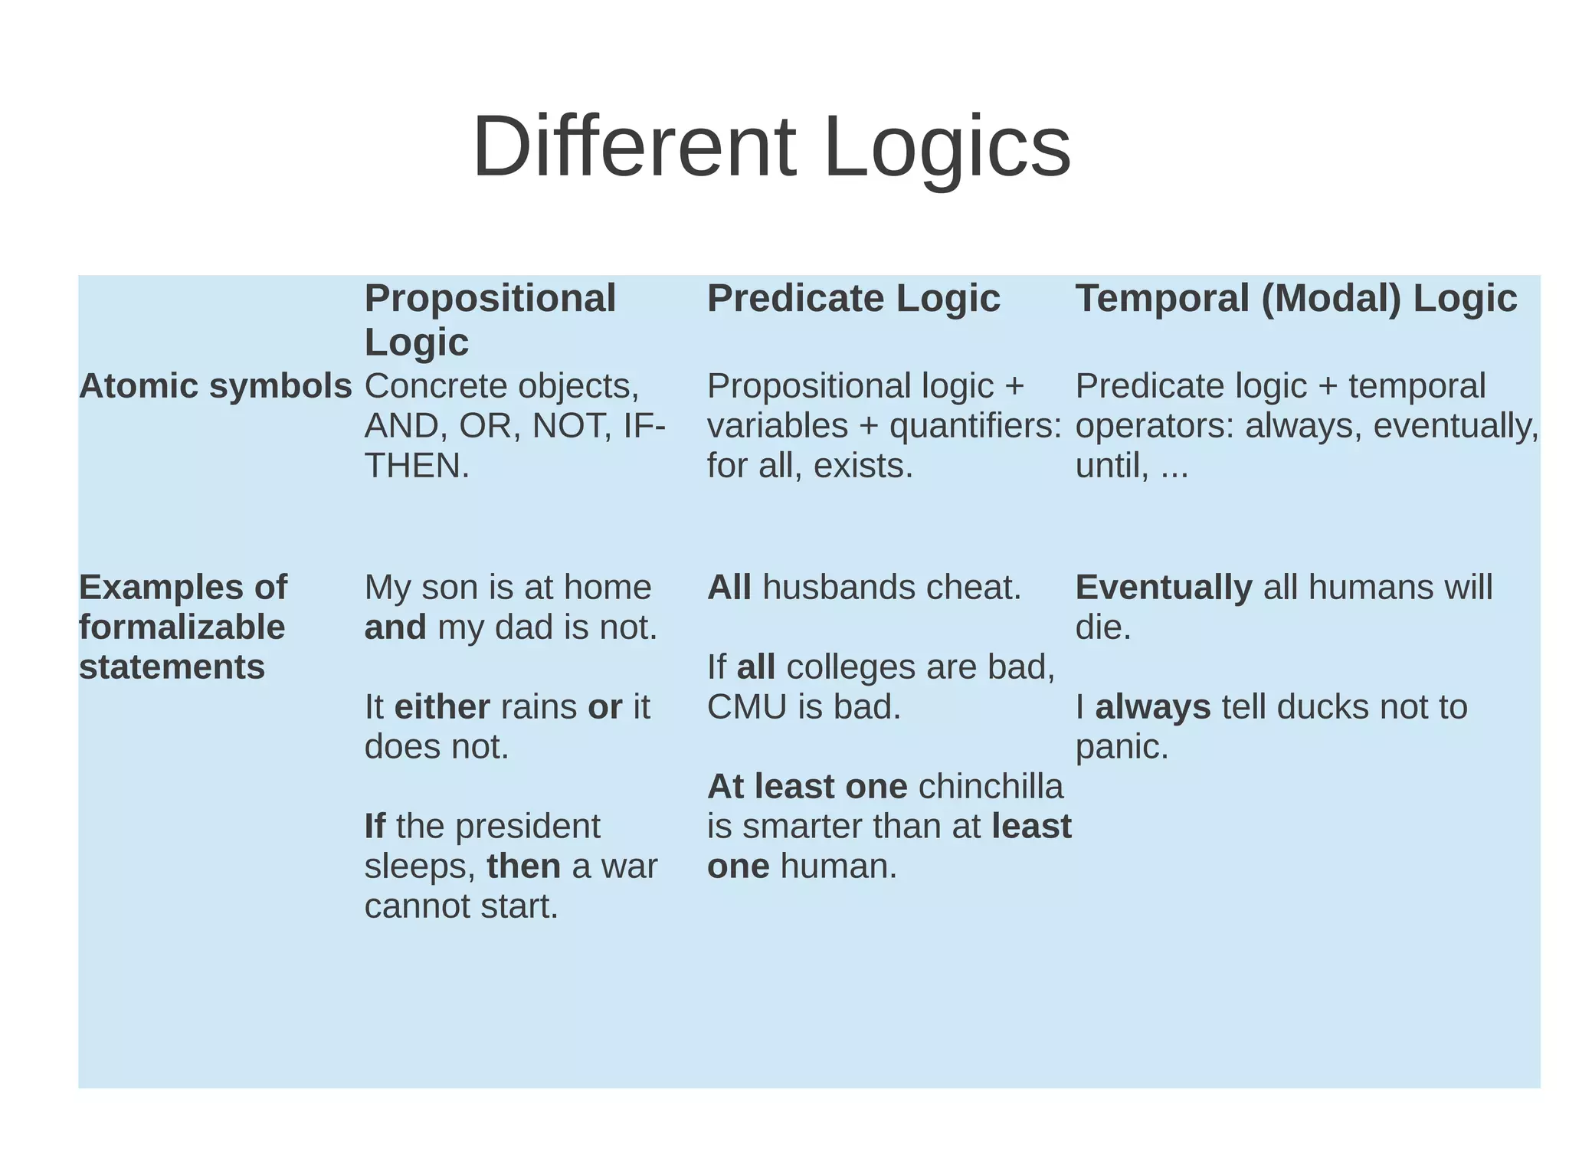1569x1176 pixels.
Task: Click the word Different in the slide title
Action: coord(634,146)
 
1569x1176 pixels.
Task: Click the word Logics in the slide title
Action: coord(947,146)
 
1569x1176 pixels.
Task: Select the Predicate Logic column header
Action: coord(853,298)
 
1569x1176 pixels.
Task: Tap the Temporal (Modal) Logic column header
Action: coord(1295,298)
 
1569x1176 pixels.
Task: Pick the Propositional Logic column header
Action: coord(490,319)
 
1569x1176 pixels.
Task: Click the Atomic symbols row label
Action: coord(215,386)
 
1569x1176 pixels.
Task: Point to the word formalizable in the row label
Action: coord(182,627)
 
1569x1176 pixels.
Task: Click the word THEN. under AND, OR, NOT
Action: coord(417,466)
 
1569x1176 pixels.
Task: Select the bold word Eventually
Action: coord(1163,588)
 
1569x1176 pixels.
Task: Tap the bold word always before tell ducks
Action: coord(1152,707)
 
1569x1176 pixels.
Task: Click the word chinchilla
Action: coord(991,787)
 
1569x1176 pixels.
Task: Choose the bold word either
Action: coord(442,707)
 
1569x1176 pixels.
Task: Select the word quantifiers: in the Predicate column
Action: coord(975,426)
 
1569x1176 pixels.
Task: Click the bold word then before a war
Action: coord(523,866)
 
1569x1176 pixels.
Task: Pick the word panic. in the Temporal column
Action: coord(1122,747)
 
